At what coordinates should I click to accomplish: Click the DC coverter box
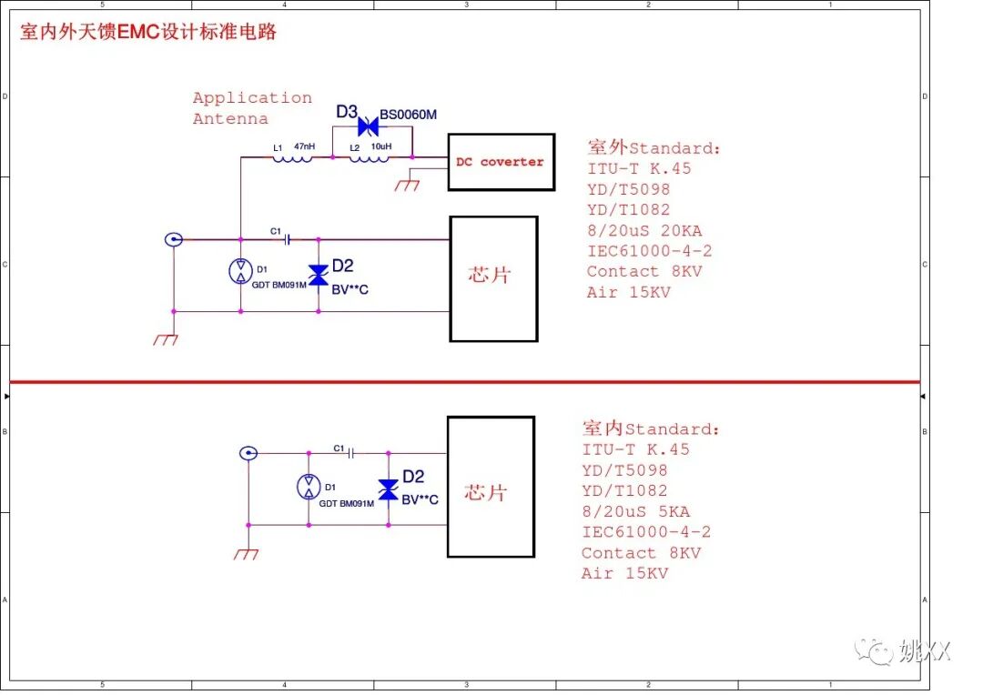(501, 162)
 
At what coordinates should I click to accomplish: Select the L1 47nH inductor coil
(292, 158)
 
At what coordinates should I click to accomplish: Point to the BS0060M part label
(408, 115)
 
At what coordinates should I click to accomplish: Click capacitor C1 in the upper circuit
(287, 240)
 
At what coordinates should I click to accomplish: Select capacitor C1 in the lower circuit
(350, 453)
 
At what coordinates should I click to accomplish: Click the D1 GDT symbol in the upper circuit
(240, 270)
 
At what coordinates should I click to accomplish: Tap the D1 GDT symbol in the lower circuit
(309, 486)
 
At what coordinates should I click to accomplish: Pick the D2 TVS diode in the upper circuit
(318, 276)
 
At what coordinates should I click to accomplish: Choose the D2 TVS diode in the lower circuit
(388, 489)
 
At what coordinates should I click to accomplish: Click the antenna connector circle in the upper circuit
(173, 240)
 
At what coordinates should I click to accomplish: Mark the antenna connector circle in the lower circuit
(247, 453)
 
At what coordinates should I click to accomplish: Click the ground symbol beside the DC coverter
(407, 185)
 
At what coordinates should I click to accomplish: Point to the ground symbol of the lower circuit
(246, 553)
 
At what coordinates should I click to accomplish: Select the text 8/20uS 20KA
(644, 230)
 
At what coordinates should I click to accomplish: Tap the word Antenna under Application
(230, 119)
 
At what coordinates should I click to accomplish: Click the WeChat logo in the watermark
(879, 651)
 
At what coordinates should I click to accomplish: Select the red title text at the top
(147, 33)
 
